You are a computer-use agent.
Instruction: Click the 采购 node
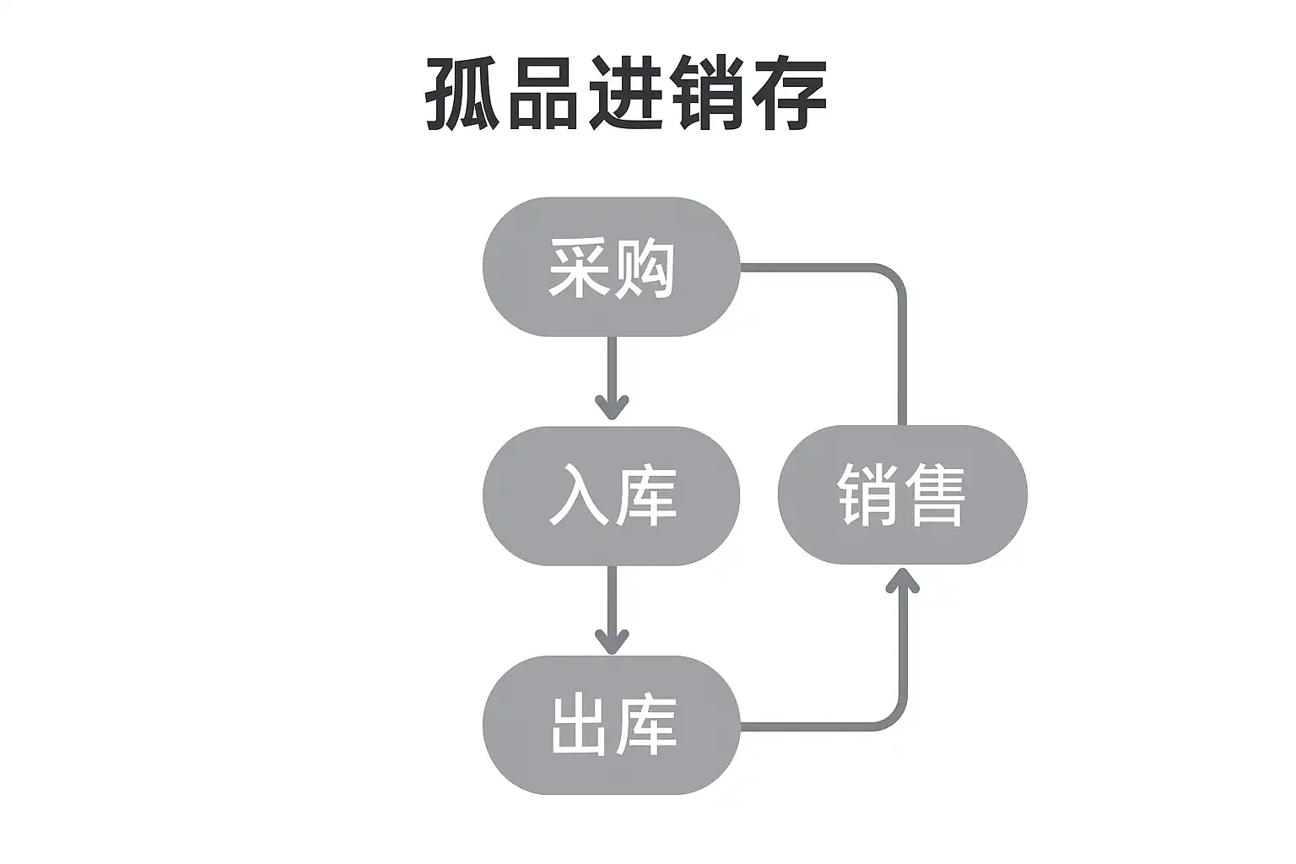[x=611, y=267]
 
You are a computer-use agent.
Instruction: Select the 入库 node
[x=611, y=495]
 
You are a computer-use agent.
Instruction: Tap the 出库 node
[x=611, y=725]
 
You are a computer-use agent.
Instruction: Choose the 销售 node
[x=902, y=494]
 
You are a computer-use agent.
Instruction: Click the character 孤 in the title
[x=462, y=94]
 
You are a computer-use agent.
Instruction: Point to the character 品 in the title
[x=543, y=94]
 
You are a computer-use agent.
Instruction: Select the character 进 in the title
[x=625, y=94]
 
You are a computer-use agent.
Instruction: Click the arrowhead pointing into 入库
[x=612, y=407]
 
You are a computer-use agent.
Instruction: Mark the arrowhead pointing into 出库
[x=612, y=641]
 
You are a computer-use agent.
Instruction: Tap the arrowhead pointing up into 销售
[x=902, y=580]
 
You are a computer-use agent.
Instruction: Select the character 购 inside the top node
[x=645, y=268]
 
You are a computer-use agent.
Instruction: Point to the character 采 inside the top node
[x=579, y=268]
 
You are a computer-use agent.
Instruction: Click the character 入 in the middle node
[x=579, y=496]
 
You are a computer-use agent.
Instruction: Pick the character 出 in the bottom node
[x=579, y=726]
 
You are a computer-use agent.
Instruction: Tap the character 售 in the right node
[x=934, y=495]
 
